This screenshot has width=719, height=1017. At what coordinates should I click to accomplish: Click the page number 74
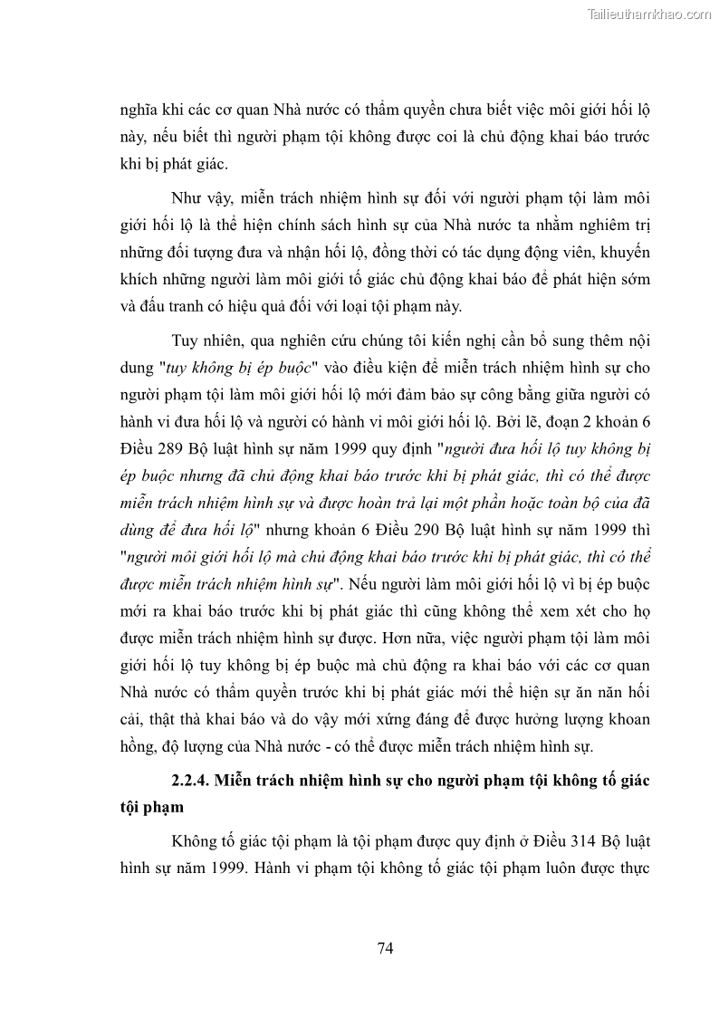(x=385, y=948)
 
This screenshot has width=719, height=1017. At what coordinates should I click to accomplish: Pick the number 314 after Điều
(x=563, y=841)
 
